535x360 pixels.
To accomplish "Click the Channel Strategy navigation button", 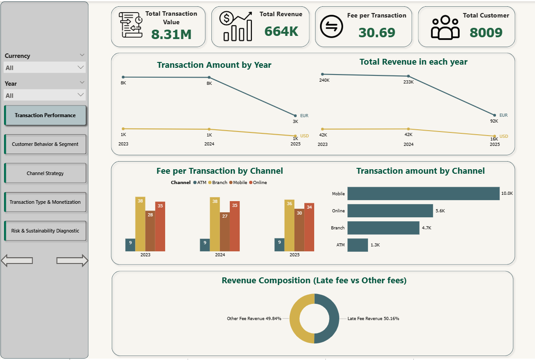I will click(45, 173).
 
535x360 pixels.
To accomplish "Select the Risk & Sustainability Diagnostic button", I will click(45, 231).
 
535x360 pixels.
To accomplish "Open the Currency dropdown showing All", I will click(44, 67).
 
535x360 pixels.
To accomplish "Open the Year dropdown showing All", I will click(44, 95).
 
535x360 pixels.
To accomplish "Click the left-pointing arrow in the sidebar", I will click(17, 260).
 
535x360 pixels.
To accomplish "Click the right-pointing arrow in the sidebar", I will click(72, 260).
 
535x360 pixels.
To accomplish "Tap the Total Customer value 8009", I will click(486, 32).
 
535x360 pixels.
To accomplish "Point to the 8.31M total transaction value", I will click(171, 34).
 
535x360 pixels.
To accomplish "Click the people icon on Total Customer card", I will click(445, 27).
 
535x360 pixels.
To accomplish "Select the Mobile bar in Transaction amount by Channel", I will click(423, 193).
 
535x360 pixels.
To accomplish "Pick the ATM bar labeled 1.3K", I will click(357, 245).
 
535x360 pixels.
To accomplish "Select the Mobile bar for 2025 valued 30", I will click(299, 230).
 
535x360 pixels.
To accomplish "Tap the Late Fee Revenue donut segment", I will click(332, 318).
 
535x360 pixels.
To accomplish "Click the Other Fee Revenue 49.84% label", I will click(254, 319).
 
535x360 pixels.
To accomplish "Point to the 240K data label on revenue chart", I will click(324, 80).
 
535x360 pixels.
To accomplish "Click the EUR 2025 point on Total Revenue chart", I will click(495, 115).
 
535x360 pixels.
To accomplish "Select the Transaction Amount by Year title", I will click(214, 65).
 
